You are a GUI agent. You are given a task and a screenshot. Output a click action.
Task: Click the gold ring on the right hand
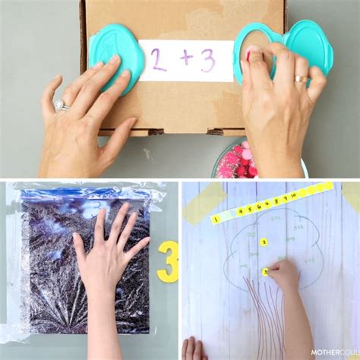(x=302, y=78)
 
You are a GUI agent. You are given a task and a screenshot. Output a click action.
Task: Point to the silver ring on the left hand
(x=62, y=107)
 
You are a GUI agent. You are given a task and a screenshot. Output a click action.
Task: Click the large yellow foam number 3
(x=169, y=262)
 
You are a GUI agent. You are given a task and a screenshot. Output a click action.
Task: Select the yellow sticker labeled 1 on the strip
(x=216, y=219)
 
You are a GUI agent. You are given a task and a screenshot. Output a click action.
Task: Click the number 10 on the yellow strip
(x=294, y=196)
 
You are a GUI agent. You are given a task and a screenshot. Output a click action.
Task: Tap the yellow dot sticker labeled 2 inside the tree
(x=264, y=242)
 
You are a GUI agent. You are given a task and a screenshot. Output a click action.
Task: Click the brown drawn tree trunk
(x=262, y=319)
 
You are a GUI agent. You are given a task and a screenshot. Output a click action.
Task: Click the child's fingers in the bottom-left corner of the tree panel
(x=194, y=348)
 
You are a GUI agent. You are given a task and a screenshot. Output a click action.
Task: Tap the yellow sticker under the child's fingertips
(x=266, y=271)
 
